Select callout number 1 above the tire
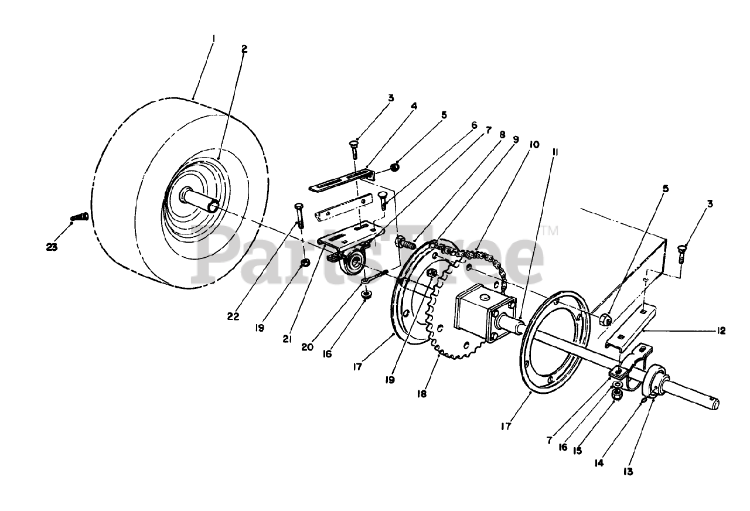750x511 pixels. (214, 39)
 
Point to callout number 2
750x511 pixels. (244, 49)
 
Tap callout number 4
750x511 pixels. (414, 107)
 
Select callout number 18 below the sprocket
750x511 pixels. (421, 394)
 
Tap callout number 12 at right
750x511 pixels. (720, 331)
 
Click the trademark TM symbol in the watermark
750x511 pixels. (550, 232)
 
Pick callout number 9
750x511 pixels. (515, 140)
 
